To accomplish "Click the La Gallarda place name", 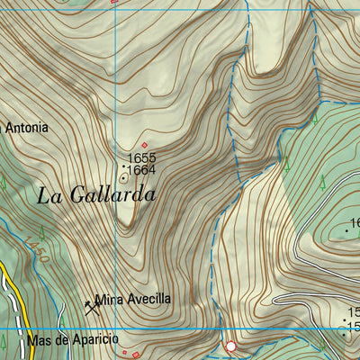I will point(96,194).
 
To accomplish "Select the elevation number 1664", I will point(142,170).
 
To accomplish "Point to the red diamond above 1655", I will point(144,145).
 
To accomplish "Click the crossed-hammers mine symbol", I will point(90,306).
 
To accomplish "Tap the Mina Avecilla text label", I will point(132,300).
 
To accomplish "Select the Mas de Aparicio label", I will point(72,341).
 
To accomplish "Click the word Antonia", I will point(27,128).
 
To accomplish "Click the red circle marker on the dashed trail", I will point(230,346).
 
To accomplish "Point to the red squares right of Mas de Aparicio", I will point(131,354).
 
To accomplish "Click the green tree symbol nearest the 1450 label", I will point(41,236).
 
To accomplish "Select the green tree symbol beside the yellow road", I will point(62,319).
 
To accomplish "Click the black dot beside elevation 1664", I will point(123,166).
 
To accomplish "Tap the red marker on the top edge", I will point(113,2).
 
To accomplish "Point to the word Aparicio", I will point(96,341).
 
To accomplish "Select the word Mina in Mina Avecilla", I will point(108,300).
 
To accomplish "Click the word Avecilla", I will point(146,300).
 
